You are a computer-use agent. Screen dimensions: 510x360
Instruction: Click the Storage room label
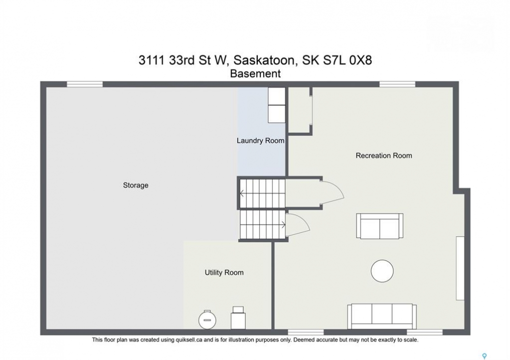[x=136, y=185]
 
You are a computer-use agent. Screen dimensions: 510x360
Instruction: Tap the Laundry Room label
[x=260, y=140]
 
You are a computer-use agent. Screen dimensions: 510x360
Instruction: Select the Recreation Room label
[x=384, y=155]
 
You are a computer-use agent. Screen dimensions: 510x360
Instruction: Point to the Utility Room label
[x=224, y=272]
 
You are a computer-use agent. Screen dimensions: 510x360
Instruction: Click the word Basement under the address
[x=255, y=74]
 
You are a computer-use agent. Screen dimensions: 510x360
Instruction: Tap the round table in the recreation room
[x=382, y=271]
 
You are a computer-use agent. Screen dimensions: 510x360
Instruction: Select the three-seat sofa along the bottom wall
[x=382, y=316]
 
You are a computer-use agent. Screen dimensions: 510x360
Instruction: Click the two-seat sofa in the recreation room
[x=379, y=226]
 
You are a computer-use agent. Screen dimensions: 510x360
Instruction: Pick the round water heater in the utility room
[x=207, y=319]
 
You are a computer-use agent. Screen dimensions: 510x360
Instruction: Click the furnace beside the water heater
[x=238, y=317]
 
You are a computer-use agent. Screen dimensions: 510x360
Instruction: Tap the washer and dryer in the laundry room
[x=276, y=105]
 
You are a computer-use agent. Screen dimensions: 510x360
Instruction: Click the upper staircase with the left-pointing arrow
[x=262, y=193]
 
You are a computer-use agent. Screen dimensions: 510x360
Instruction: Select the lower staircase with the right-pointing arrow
[x=263, y=224]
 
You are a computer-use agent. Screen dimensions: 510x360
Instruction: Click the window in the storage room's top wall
[x=85, y=84]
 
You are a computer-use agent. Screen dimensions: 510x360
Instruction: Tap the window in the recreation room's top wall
[x=397, y=84]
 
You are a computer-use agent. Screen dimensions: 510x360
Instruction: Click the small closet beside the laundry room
[x=299, y=110]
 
